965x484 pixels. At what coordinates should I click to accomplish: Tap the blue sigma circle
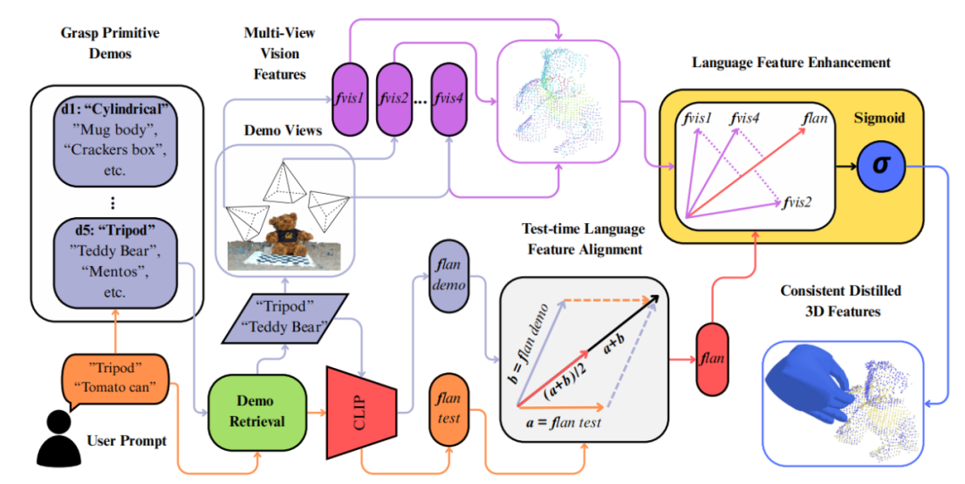882,167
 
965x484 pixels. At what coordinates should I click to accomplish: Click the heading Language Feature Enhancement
791,63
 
